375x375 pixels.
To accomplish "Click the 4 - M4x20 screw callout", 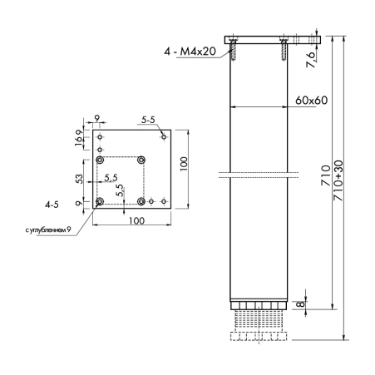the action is pyautogui.click(x=190, y=52).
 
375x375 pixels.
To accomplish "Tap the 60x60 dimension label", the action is pyautogui.click(x=311, y=101).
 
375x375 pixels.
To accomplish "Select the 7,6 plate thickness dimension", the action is pyautogui.click(x=311, y=60).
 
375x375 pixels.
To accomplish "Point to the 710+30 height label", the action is pyautogui.click(x=338, y=180).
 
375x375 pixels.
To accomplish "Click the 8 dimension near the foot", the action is pyautogui.click(x=300, y=304).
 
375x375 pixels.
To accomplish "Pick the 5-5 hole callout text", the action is pyautogui.click(x=148, y=121).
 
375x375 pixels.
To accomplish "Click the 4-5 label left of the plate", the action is pyautogui.click(x=52, y=205).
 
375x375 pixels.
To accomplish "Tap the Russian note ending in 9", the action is pyautogui.click(x=48, y=230).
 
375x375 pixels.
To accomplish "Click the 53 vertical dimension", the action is pyautogui.click(x=79, y=179).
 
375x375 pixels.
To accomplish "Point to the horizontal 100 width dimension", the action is pyautogui.click(x=136, y=221).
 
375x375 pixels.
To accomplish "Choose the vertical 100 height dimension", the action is pyautogui.click(x=184, y=164).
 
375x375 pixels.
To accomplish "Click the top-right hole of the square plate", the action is pyautogui.click(x=164, y=137).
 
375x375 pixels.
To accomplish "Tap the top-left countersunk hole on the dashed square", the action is pyautogui.click(x=100, y=160).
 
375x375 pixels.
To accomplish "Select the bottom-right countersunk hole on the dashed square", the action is pyautogui.click(x=141, y=201).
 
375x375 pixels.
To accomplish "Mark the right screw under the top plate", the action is pyautogui.click(x=284, y=49).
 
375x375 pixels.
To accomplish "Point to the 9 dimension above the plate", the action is pyautogui.click(x=96, y=118).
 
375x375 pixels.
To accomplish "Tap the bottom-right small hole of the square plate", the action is pyautogui.click(x=164, y=201).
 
